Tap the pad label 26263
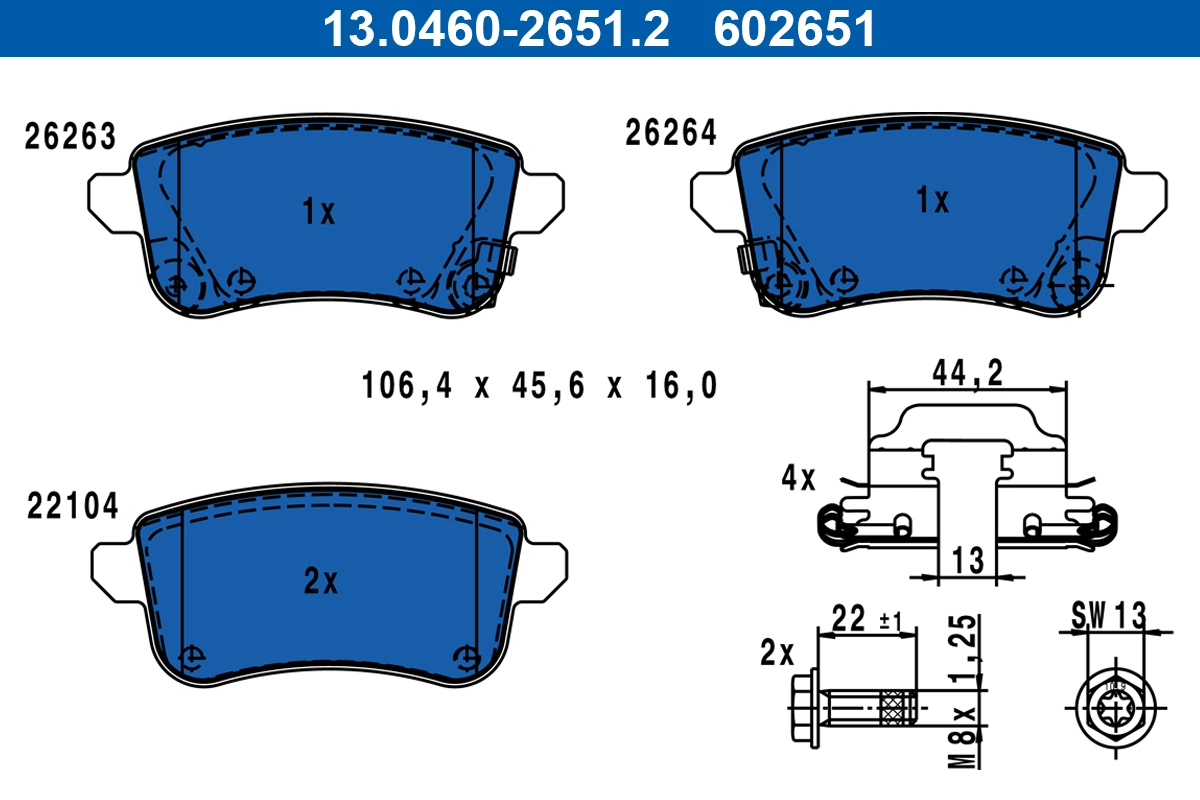coord(70,137)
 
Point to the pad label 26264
coord(671,133)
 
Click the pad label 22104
coord(72,507)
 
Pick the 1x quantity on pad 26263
coord(319,211)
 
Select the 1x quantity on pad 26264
coord(932,201)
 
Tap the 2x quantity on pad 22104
coord(321,581)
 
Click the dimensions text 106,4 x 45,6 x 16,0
coord(540,385)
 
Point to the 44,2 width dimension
coord(968,372)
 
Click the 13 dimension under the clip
coord(968,560)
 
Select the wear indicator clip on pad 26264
coord(752,258)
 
